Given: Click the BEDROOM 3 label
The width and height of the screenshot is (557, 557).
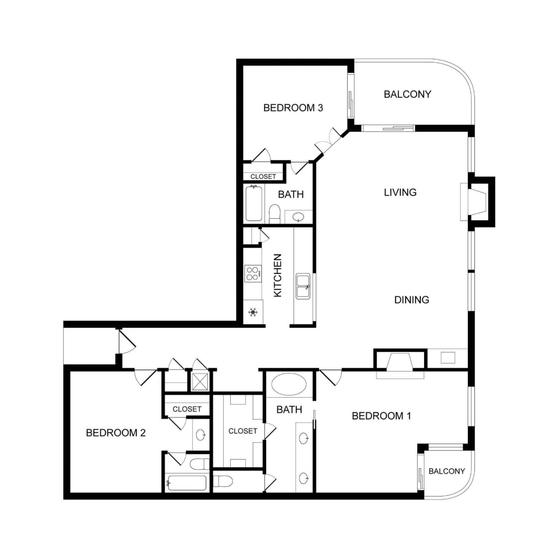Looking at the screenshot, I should pyautogui.click(x=293, y=108).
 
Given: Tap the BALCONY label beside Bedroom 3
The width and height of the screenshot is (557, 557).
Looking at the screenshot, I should pyautogui.click(x=407, y=94).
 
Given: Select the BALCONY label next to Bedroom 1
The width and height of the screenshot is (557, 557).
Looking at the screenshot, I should pyautogui.click(x=446, y=471).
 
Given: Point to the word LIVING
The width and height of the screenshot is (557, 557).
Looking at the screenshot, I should pyautogui.click(x=400, y=192).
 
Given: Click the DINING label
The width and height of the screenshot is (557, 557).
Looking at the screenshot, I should pyautogui.click(x=412, y=300).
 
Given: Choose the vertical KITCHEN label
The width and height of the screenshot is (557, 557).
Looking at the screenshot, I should pyautogui.click(x=277, y=275).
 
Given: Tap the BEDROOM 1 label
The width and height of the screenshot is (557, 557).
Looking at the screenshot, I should pyautogui.click(x=381, y=416).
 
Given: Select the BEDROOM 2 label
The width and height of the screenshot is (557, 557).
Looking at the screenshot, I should pyautogui.click(x=116, y=433).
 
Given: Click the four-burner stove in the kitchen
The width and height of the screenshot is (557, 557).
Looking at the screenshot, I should pyautogui.click(x=253, y=273).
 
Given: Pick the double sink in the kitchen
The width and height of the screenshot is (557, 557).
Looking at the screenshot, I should pyautogui.click(x=303, y=286).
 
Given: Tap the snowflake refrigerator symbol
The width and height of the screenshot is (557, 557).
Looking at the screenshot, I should pyautogui.click(x=253, y=312).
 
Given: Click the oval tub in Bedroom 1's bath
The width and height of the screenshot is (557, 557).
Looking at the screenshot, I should pyautogui.click(x=289, y=384).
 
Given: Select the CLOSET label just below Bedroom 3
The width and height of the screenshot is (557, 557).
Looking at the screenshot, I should pyautogui.click(x=263, y=177).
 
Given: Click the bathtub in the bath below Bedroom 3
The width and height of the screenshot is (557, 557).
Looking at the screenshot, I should pyautogui.click(x=253, y=203).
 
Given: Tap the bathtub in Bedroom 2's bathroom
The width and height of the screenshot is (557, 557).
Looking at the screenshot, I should pyautogui.click(x=186, y=483).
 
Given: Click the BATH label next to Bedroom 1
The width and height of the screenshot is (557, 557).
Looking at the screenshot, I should pyautogui.click(x=289, y=409).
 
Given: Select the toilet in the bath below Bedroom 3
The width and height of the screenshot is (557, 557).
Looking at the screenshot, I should pyautogui.click(x=275, y=214).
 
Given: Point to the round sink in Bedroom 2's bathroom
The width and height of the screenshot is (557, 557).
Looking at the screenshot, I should pyautogui.click(x=201, y=434).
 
